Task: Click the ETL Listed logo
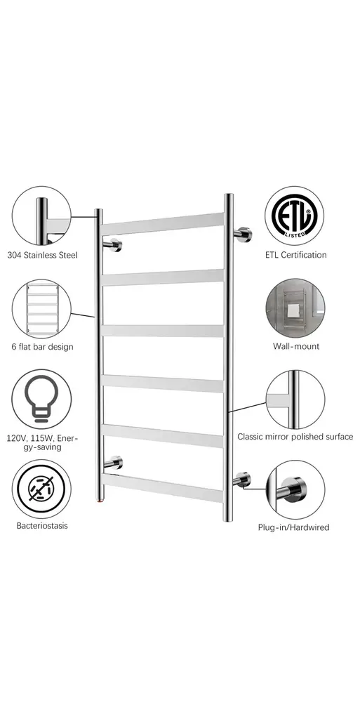(295, 216)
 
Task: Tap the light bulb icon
(41, 398)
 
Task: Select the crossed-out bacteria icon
(41, 489)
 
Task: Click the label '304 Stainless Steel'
(42, 255)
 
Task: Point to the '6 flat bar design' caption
(42, 347)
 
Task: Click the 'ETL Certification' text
(296, 255)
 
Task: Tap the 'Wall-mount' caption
(296, 346)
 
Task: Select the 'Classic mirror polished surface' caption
(295, 437)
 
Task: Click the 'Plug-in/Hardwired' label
(293, 527)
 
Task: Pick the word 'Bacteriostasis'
(42, 525)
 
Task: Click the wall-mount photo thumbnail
(295, 308)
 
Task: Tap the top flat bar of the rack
(163, 224)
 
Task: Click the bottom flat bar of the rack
(163, 488)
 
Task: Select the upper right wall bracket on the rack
(243, 234)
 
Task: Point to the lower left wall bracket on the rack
(113, 463)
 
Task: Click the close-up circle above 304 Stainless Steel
(41, 216)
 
